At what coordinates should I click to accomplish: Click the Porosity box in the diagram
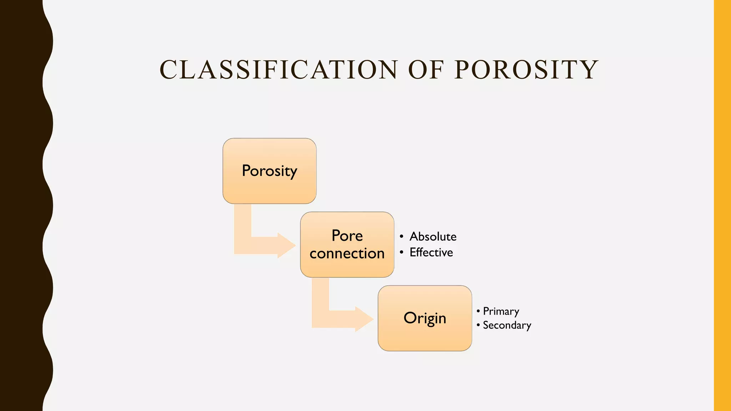click(x=269, y=171)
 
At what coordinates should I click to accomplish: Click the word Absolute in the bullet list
click(x=433, y=237)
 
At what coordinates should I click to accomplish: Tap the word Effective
click(x=431, y=253)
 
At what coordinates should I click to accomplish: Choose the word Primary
click(x=501, y=311)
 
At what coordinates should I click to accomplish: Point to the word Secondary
click(x=507, y=325)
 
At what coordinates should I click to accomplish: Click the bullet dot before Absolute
click(x=402, y=237)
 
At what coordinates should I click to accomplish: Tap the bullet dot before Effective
click(x=402, y=253)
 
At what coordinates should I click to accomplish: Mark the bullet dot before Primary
click(x=478, y=311)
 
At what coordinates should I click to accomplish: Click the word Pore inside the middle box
click(x=347, y=236)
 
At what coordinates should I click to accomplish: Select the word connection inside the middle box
click(x=347, y=254)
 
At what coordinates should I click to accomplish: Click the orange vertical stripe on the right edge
click(x=722, y=205)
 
